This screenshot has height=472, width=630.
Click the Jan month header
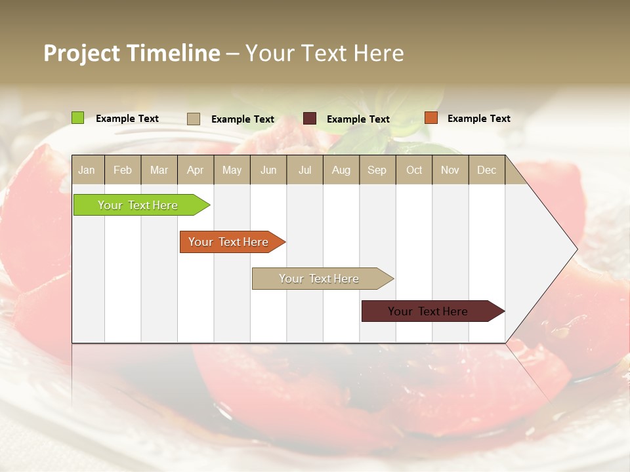(87, 170)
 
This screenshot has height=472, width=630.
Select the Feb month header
(123, 170)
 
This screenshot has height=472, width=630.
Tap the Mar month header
(159, 170)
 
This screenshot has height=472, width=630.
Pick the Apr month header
(196, 170)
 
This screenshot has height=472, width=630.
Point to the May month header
(232, 170)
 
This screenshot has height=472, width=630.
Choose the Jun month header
(268, 170)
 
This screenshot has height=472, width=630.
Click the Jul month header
(304, 170)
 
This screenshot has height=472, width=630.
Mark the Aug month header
(341, 170)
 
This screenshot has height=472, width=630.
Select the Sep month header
(377, 170)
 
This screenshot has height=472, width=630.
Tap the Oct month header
(414, 170)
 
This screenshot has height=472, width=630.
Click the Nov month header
(450, 170)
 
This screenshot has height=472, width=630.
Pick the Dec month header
(487, 170)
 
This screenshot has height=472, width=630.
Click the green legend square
(78, 118)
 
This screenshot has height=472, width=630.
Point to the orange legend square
(431, 118)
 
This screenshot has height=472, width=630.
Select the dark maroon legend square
(310, 119)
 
